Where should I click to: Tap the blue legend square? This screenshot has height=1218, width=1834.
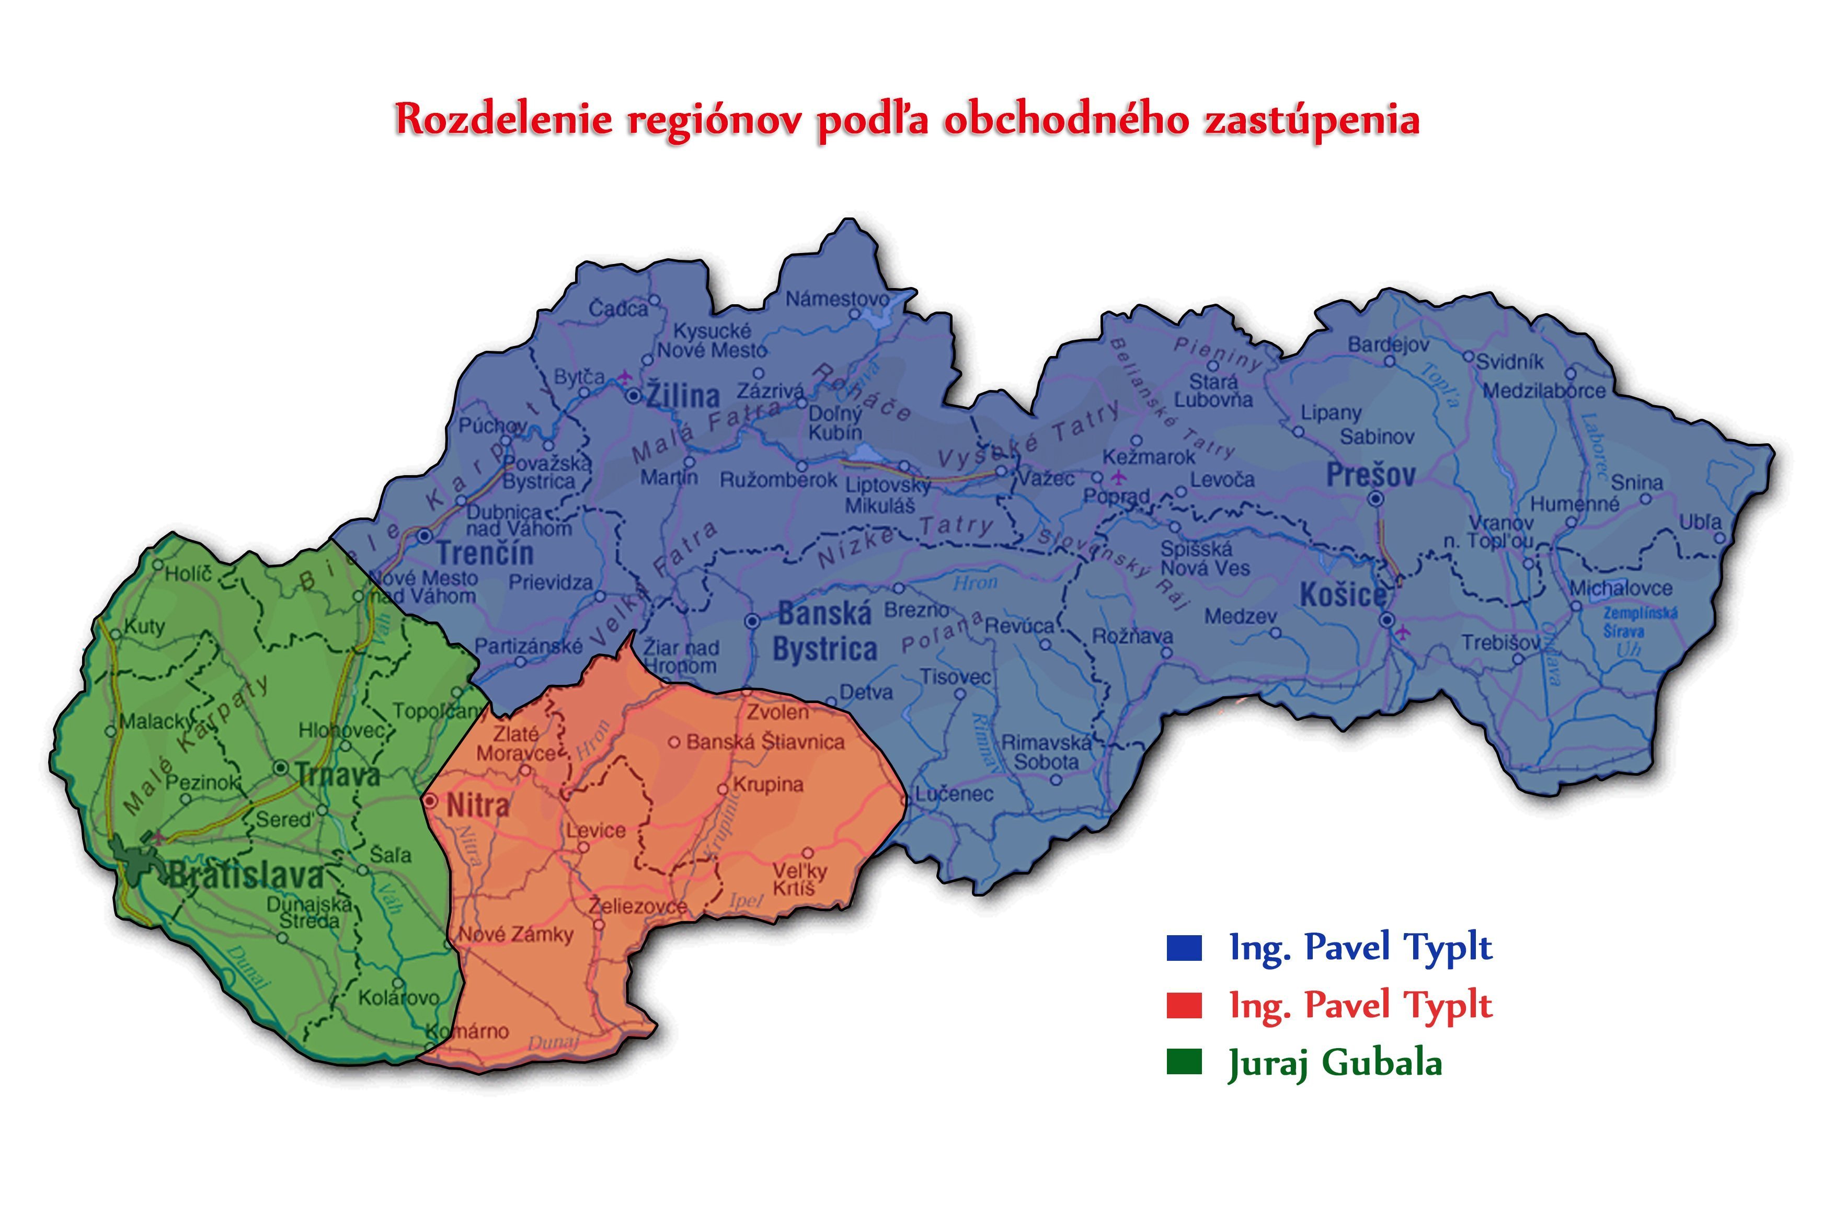click(1183, 948)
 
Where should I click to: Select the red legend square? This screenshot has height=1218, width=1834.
click(1183, 1006)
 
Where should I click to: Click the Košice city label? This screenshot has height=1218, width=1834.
click(1342, 595)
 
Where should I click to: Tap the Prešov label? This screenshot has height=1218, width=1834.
click(1370, 475)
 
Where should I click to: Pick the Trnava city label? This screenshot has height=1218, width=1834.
click(338, 775)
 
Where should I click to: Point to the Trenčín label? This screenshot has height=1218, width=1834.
click(486, 554)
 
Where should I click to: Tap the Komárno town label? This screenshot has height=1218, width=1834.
click(469, 1031)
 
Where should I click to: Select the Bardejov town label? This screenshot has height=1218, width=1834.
click(1388, 344)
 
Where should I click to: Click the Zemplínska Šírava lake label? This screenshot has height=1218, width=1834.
click(1640, 622)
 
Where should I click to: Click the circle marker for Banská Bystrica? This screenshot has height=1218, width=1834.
click(752, 621)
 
